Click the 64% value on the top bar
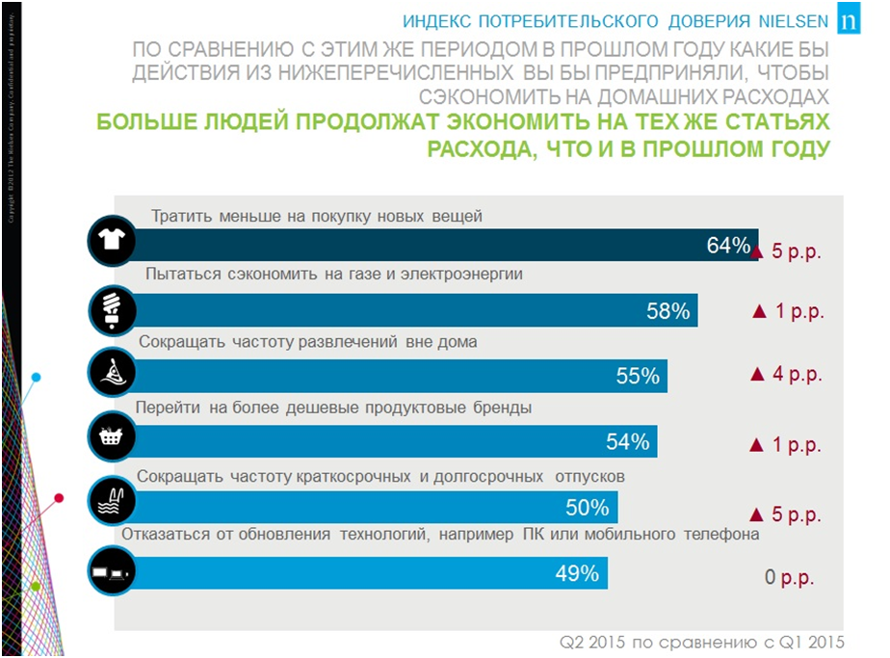click(728, 246)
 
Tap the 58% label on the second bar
click(668, 311)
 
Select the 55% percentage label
click(638, 377)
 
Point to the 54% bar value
click(628, 442)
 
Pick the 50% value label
click(588, 508)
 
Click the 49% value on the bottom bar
click(578, 574)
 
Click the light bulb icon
click(113, 308)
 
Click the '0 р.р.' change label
click(789, 578)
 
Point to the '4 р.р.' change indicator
click(785, 375)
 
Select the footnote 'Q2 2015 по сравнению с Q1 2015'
click(702, 642)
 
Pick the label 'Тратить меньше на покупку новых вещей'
click(317, 217)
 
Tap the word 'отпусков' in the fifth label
click(589, 476)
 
